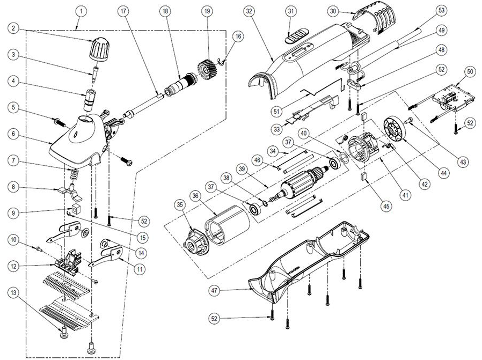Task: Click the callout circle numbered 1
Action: tap(81, 11)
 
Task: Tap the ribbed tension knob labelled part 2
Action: tap(98, 50)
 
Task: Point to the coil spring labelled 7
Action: tap(73, 175)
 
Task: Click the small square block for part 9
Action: tap(76, 209)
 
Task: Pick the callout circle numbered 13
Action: tap(13, 293)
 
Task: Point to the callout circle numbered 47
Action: tap(215, 290)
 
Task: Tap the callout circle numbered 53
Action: tap(441, 11)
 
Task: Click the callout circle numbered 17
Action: tap(123, 11)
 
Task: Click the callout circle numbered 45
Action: tap(386, 206)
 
